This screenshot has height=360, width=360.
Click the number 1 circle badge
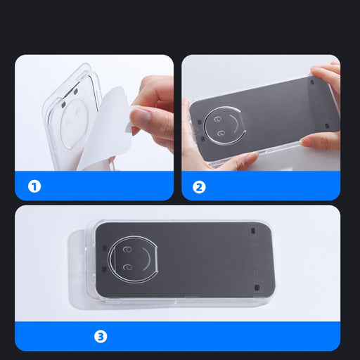(x=34, y=186)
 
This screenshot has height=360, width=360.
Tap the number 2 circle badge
(x=199, y=187)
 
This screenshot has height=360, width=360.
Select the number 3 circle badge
(x=101, y=337)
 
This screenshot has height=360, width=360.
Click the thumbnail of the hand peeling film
(x=94, y=112)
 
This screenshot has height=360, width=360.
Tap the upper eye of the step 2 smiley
(x=217, y=120)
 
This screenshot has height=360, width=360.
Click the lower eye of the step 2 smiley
(x=221, y=134)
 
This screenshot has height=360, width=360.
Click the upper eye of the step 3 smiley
(x=127, y=250)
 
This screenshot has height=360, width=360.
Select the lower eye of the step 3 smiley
(x=128, y=267)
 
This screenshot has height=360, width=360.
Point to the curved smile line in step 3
(x=147, y=259)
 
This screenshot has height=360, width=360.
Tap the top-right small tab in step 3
(x=253, y=231)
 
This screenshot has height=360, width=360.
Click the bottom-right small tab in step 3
(x=257, y=288)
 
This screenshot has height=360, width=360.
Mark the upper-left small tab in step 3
(x=105, y=248)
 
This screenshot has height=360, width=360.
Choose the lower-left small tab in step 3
(x=104, y=269)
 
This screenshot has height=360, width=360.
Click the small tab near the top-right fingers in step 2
(x=312, y=82)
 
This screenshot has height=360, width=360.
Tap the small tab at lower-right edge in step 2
(x=327, y=126)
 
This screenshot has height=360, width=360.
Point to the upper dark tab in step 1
(x=75, y=91)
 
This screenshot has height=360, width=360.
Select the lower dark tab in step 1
(x=63, y=105)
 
